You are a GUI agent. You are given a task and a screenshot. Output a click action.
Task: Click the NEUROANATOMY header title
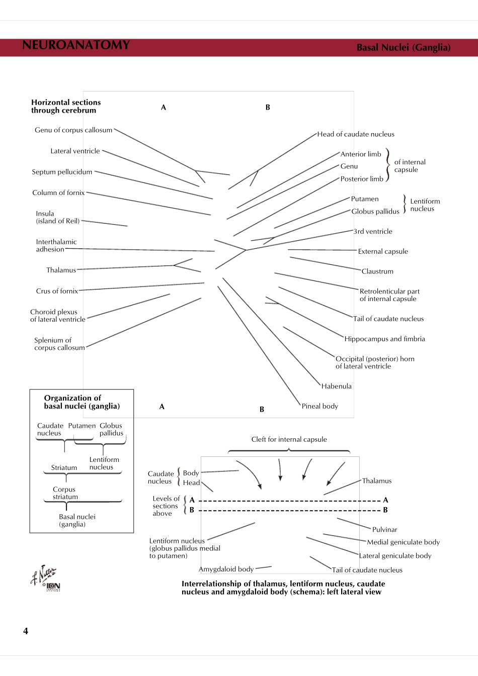(76, 45)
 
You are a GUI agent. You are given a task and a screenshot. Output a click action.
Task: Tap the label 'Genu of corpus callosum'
(73, 130)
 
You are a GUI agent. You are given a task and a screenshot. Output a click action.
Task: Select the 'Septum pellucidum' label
(62, 172)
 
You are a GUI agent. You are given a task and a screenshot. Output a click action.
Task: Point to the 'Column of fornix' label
(58, 192)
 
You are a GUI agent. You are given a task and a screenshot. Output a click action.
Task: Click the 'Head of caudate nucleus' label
(356, 134)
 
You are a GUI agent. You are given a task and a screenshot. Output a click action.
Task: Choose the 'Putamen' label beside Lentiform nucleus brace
(365, 199)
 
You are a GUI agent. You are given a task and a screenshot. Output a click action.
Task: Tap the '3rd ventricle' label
(373, 232)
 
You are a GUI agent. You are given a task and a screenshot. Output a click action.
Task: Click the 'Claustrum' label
(377, 271)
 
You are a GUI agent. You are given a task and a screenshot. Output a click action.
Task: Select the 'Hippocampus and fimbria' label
(384, 339)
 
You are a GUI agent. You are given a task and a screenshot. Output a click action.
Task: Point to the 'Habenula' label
(336, 387)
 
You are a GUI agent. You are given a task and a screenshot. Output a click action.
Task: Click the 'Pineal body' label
(320, 406)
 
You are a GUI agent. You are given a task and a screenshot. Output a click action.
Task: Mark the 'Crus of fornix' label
(57, 291)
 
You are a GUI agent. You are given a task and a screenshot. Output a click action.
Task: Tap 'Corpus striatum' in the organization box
(65, 493)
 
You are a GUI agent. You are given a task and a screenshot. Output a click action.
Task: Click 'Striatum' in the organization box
(64, 467)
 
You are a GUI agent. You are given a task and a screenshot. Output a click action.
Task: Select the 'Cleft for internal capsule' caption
(289, 439)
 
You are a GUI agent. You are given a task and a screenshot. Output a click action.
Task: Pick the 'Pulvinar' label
(384, 530)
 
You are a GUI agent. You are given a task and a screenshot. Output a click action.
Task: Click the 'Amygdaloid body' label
(226, 569)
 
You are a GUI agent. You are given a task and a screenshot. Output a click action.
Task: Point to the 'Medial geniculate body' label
(403, 542)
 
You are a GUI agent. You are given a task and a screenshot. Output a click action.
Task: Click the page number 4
(26, 631)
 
